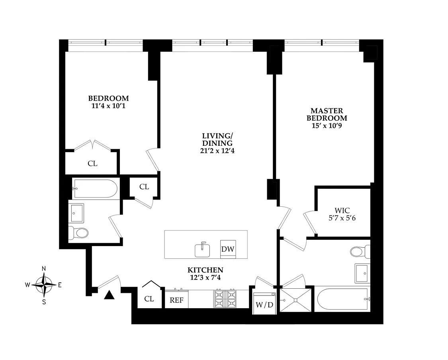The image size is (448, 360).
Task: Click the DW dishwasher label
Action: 228,249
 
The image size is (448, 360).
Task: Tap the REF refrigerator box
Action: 176,299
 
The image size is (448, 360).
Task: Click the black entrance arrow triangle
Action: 109,295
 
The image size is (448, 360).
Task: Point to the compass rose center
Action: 44,285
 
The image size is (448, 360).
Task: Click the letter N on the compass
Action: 44,268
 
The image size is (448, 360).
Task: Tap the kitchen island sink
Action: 202,250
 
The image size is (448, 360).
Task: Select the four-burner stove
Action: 225,299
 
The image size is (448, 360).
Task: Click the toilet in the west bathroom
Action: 78,233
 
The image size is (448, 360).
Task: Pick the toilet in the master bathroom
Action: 360,252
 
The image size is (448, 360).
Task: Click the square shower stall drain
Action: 295,300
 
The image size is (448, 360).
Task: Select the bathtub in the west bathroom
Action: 95,189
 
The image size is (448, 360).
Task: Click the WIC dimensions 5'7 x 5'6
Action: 342,218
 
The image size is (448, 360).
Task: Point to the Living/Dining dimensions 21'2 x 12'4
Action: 217,151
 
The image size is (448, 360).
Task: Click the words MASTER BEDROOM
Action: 327,114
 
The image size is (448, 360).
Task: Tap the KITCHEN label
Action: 205,270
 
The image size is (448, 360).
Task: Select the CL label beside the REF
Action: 149,299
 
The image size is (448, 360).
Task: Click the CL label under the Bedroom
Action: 92,164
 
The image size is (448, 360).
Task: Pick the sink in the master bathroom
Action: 362,273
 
